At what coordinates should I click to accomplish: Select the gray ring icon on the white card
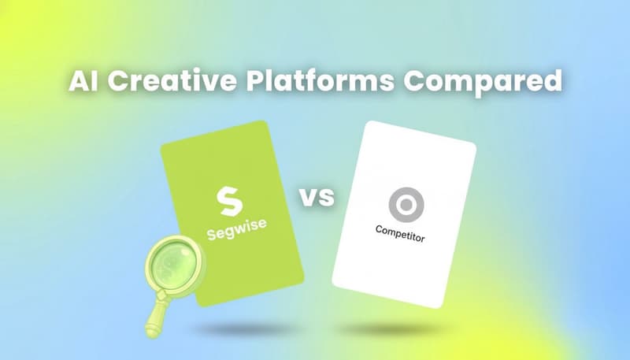point(406,205)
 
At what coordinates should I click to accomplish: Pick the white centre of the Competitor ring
point(406,205)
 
